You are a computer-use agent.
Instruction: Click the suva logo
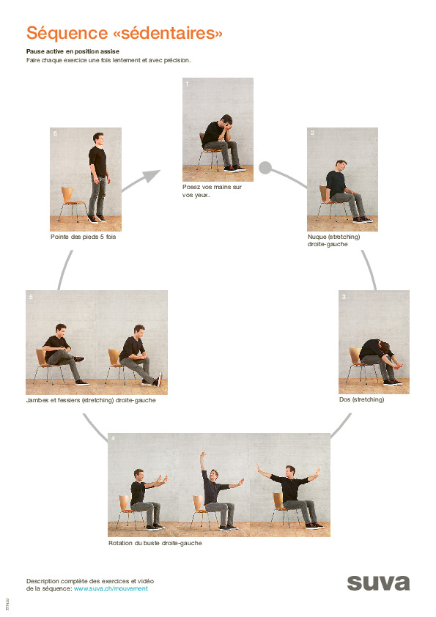coord(378,583)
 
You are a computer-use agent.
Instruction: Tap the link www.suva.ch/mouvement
coord(111,588)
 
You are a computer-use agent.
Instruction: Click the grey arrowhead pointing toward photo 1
coord(152,176)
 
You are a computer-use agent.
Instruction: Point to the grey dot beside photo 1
coord(265,168)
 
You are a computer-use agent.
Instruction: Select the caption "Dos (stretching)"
coord(361,400)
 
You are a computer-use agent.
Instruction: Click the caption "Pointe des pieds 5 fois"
coord(83,237)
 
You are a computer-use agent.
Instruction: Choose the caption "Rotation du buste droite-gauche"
coord(155,543)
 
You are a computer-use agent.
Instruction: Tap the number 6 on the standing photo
coord(54,133)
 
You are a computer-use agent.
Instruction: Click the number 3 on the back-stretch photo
coord(344,297)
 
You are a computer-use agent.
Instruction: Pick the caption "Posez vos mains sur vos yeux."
coord(212,191)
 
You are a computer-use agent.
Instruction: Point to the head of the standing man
coord(98,138)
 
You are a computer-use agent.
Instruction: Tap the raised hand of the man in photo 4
coord(202,456)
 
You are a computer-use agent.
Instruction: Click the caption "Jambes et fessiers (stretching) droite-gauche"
coord(91,400)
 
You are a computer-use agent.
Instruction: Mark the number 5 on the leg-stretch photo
coord(31,297)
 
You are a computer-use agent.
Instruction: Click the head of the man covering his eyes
coord(227,122)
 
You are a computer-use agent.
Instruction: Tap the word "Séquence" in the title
coord(64,34)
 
